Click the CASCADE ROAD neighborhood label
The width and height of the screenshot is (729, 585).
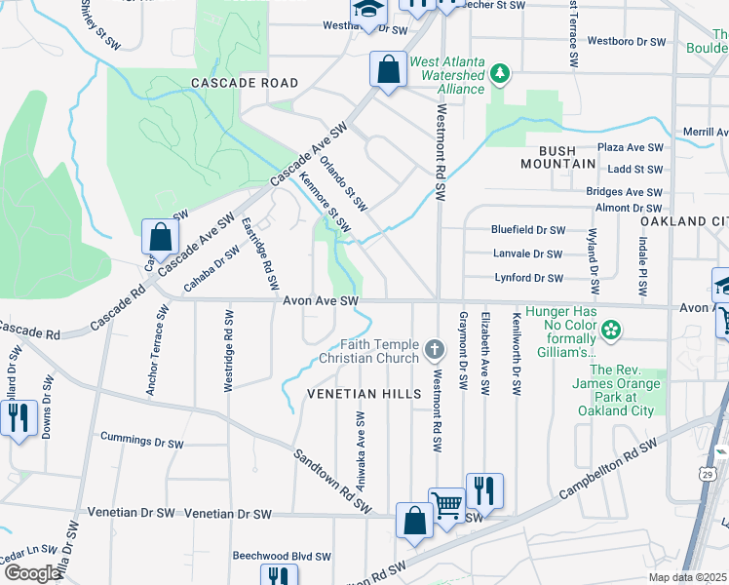tap(245, 83)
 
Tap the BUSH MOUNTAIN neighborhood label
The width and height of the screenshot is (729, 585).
tap(570, 158)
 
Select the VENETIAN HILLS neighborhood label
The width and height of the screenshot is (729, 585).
tap(364, 394)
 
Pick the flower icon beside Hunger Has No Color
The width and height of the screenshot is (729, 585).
tap(611, 331)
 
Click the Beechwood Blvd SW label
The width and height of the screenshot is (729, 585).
tap(283, 556)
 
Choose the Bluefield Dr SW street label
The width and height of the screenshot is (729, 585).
tap(528, 230)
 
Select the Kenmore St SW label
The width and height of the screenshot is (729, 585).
tap(325, 201)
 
